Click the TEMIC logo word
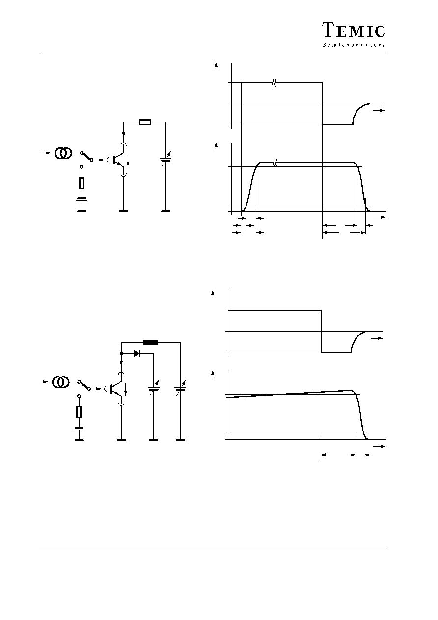(354, 30)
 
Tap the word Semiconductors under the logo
(354, 45)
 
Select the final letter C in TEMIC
(380, 31)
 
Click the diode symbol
(137, 353)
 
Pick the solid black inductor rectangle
(151, 342)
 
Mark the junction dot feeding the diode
(121, 353)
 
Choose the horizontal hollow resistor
(145, 122)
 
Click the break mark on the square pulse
(274, 82)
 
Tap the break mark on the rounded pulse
(274, 162)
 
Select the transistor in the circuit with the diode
(116, 389)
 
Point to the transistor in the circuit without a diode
(119, 160)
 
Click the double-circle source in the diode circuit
(60, 382)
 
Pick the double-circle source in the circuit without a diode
(63, 153)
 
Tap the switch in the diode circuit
(84, 385)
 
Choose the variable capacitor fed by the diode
(154, 388)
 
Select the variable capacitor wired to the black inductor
(181, 388)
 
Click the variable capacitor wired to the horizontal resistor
(166, 159)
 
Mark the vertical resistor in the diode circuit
(79, 412)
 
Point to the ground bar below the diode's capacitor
(154, 440)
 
